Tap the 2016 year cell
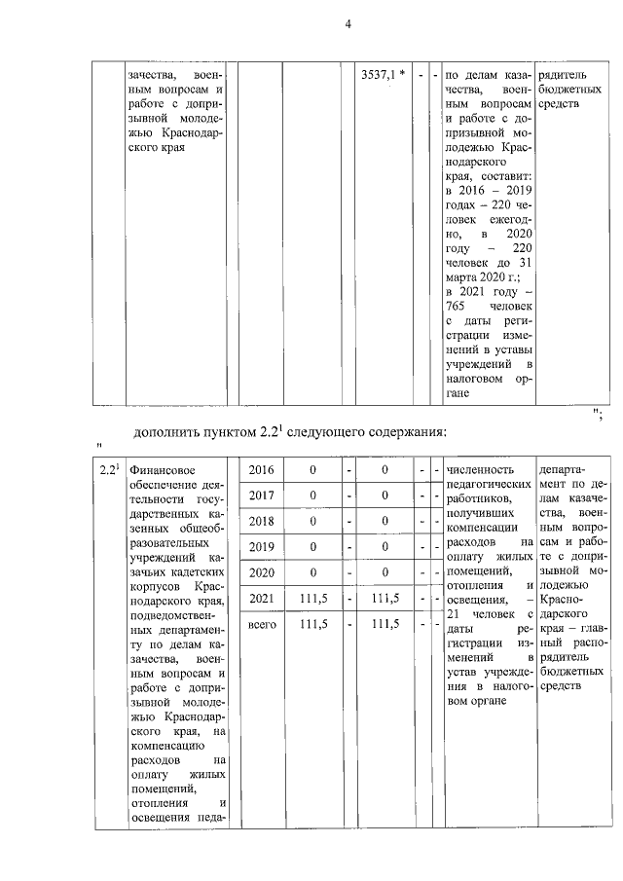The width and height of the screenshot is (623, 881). click(261, 470)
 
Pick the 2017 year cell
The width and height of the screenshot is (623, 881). click(261, 496)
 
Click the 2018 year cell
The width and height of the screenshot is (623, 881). click(261, 521)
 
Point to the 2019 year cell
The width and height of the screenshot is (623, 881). click(261, 546)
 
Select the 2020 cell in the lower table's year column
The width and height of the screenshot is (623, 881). click(261, 571)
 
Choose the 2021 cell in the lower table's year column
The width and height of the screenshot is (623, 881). click(261, 597)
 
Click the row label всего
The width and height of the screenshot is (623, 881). click(261, 623)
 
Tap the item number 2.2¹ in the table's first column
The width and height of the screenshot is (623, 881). click(110, 471)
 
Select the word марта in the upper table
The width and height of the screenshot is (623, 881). click(461, 276)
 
